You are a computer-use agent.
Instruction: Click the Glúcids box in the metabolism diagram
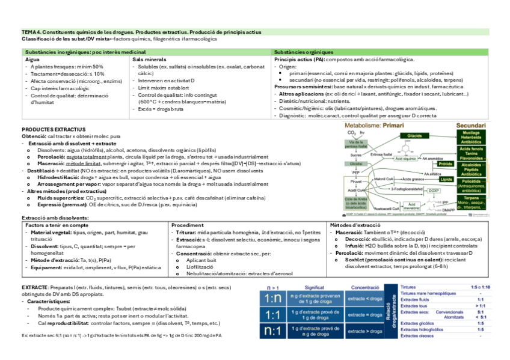414,136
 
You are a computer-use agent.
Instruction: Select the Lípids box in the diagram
446,179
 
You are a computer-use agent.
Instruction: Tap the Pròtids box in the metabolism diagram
445,163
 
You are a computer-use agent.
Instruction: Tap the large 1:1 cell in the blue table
272,315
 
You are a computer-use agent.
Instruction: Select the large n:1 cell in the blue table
272,331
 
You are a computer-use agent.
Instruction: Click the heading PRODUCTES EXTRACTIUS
54,129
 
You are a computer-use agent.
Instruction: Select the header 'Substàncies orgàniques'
303,52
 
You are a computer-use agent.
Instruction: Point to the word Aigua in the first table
32,60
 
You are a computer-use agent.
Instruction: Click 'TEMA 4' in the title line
31,32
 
